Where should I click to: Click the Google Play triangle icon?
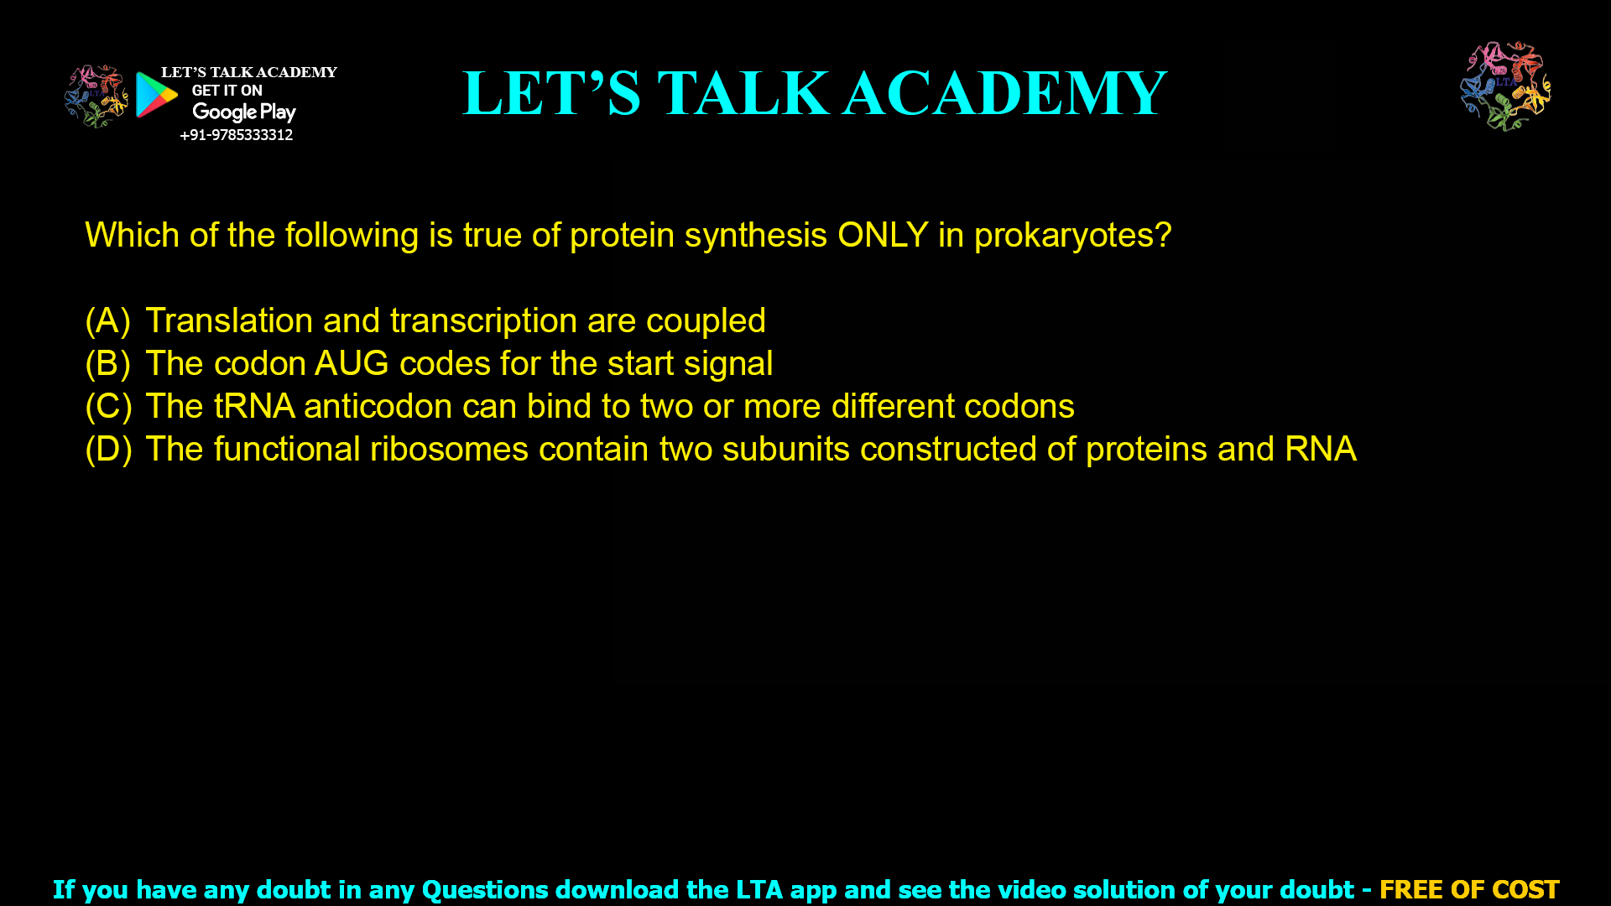[x=156, y=95]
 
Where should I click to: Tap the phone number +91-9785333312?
[x=236, y=135]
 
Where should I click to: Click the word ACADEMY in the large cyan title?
[x=1004, y=93]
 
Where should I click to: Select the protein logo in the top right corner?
[x=1505, y=86]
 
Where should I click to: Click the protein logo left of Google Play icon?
[x=96, y=96]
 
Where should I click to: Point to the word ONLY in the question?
[x=882, y=235]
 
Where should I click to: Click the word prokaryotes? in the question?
[x=1072, y=236]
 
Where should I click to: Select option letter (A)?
[x=108, y=321]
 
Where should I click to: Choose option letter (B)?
[x=108, y=364]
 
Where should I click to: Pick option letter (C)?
[x=108, y=407]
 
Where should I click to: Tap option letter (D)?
[x=108, y=450]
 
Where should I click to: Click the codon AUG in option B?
[x=352, y=364]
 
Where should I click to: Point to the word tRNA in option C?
[x=253, y=407]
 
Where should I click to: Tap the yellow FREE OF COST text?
[x=1468, y=889]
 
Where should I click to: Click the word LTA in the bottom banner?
[x=759, y=889]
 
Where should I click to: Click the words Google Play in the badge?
[x=243, y=112]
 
